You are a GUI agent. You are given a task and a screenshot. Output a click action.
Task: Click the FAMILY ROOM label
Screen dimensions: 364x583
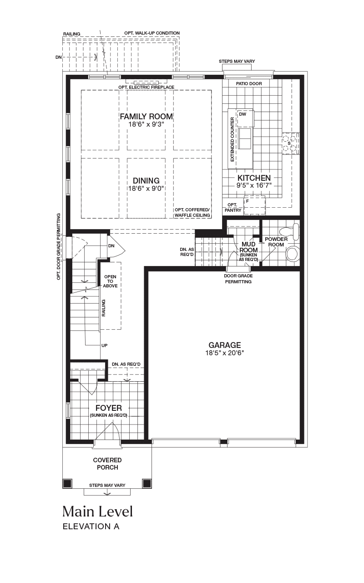[147, 116]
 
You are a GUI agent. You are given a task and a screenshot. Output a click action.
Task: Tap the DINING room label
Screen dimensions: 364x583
[146, 181]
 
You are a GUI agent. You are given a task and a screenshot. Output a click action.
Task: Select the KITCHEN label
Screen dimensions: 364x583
[254, 178]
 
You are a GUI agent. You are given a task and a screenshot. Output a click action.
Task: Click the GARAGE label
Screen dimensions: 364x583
[225, 345]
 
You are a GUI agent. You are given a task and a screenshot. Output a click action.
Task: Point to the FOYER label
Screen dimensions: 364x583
[109, 408]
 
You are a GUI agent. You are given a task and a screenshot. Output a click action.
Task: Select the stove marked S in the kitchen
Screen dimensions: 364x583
[290, 143]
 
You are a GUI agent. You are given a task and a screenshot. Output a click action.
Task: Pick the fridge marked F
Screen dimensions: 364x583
[254, 205]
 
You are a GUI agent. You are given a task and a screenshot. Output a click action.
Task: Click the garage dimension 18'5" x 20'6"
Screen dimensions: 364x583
[225, 353]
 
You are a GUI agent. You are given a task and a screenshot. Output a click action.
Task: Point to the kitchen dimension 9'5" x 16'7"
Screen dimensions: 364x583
[254, 185]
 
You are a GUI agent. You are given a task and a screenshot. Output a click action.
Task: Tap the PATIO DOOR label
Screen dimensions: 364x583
[249, 84]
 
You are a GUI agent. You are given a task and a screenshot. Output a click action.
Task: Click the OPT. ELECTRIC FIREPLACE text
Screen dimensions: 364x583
[147, 87]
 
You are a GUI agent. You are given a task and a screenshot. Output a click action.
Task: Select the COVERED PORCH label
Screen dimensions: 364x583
[107, 464]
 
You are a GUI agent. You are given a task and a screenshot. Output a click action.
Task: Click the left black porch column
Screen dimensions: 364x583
[67, 483]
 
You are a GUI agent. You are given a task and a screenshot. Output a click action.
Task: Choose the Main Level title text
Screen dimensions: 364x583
[98, 511]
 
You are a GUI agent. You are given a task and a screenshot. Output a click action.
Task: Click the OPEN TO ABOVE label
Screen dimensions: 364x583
[110, 281]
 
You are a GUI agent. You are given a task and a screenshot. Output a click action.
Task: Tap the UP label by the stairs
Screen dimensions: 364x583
[105, 346]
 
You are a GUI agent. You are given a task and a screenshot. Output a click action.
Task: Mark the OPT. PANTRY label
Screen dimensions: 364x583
[233, 207]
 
